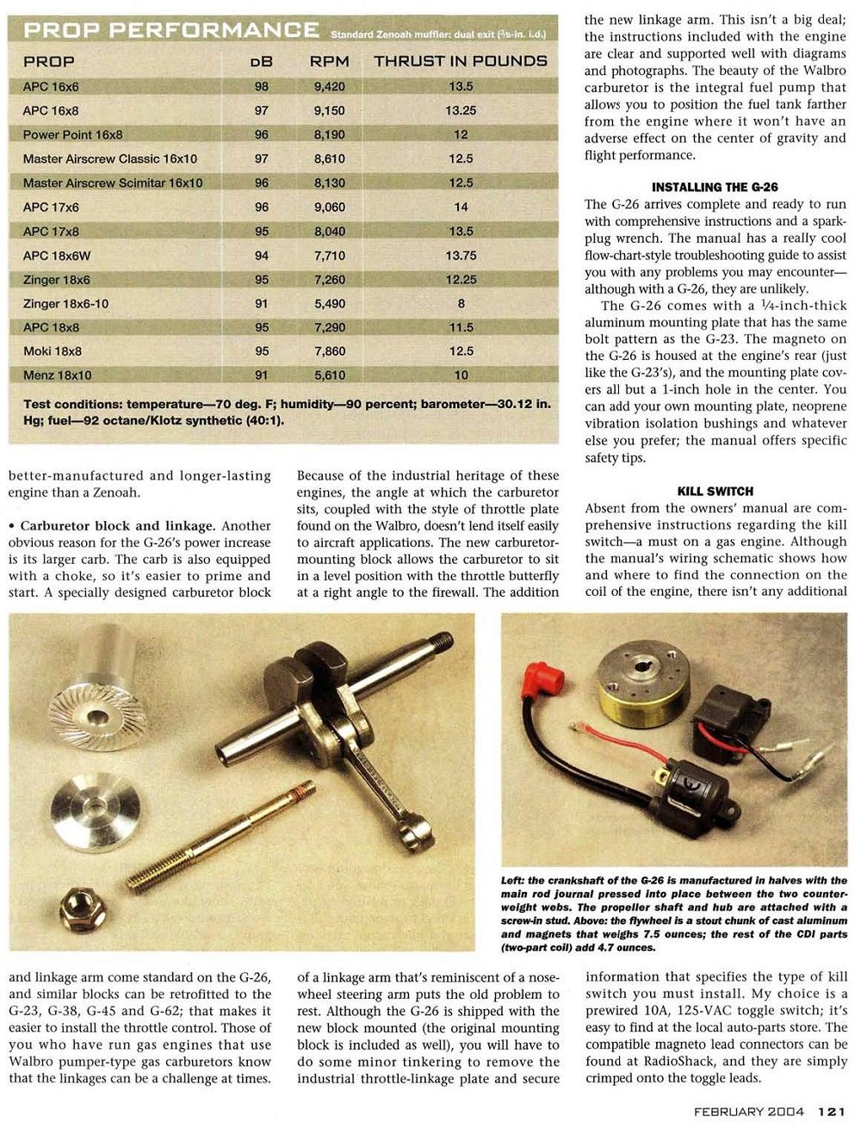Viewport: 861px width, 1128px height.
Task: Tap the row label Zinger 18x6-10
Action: click(66, 304)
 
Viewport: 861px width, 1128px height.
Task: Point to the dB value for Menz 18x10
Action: click(262, 375)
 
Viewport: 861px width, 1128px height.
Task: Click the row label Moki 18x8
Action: click(53, 351)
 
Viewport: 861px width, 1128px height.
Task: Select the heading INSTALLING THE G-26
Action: click(715, 187)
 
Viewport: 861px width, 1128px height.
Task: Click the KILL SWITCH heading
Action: click(715, 492)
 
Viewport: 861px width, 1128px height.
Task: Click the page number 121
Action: click(831, 1111)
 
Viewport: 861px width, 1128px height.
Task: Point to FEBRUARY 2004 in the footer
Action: click(748, 1111)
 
